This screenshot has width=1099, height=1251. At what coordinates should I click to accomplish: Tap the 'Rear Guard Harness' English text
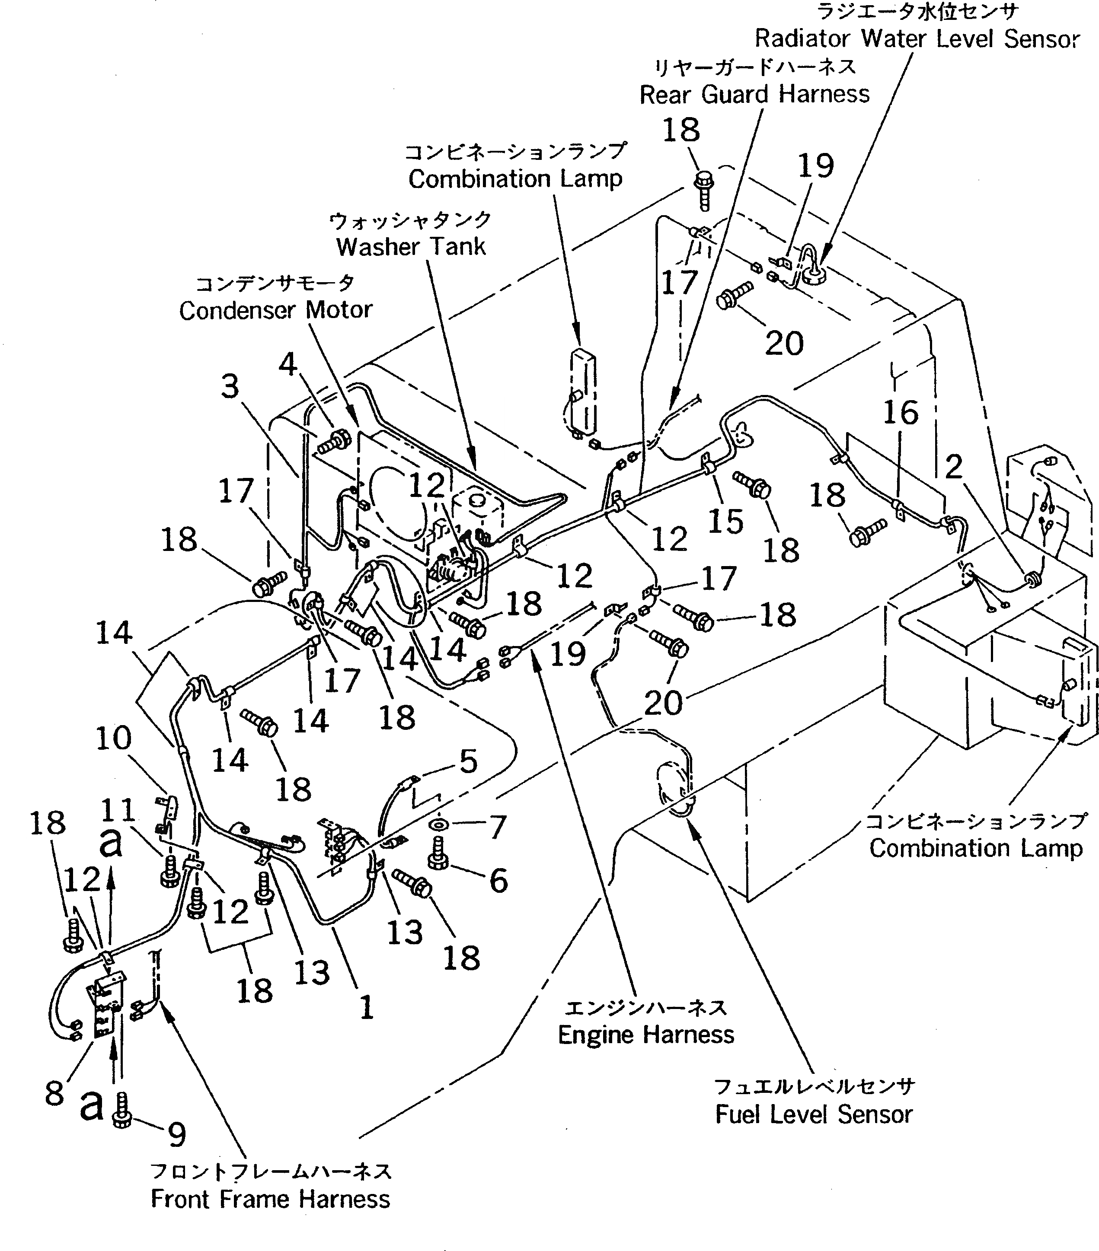tap(754, 94)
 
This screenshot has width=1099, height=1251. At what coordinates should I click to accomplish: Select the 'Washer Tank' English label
tap(411, 247)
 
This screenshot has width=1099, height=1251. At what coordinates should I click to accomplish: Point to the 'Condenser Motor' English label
tap(275, 310)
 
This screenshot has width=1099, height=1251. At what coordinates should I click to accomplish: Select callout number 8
tap(54, 1093)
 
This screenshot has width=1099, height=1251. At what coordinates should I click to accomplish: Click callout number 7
tap(497, 828)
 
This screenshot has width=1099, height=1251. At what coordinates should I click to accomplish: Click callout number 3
tap(230, 387)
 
